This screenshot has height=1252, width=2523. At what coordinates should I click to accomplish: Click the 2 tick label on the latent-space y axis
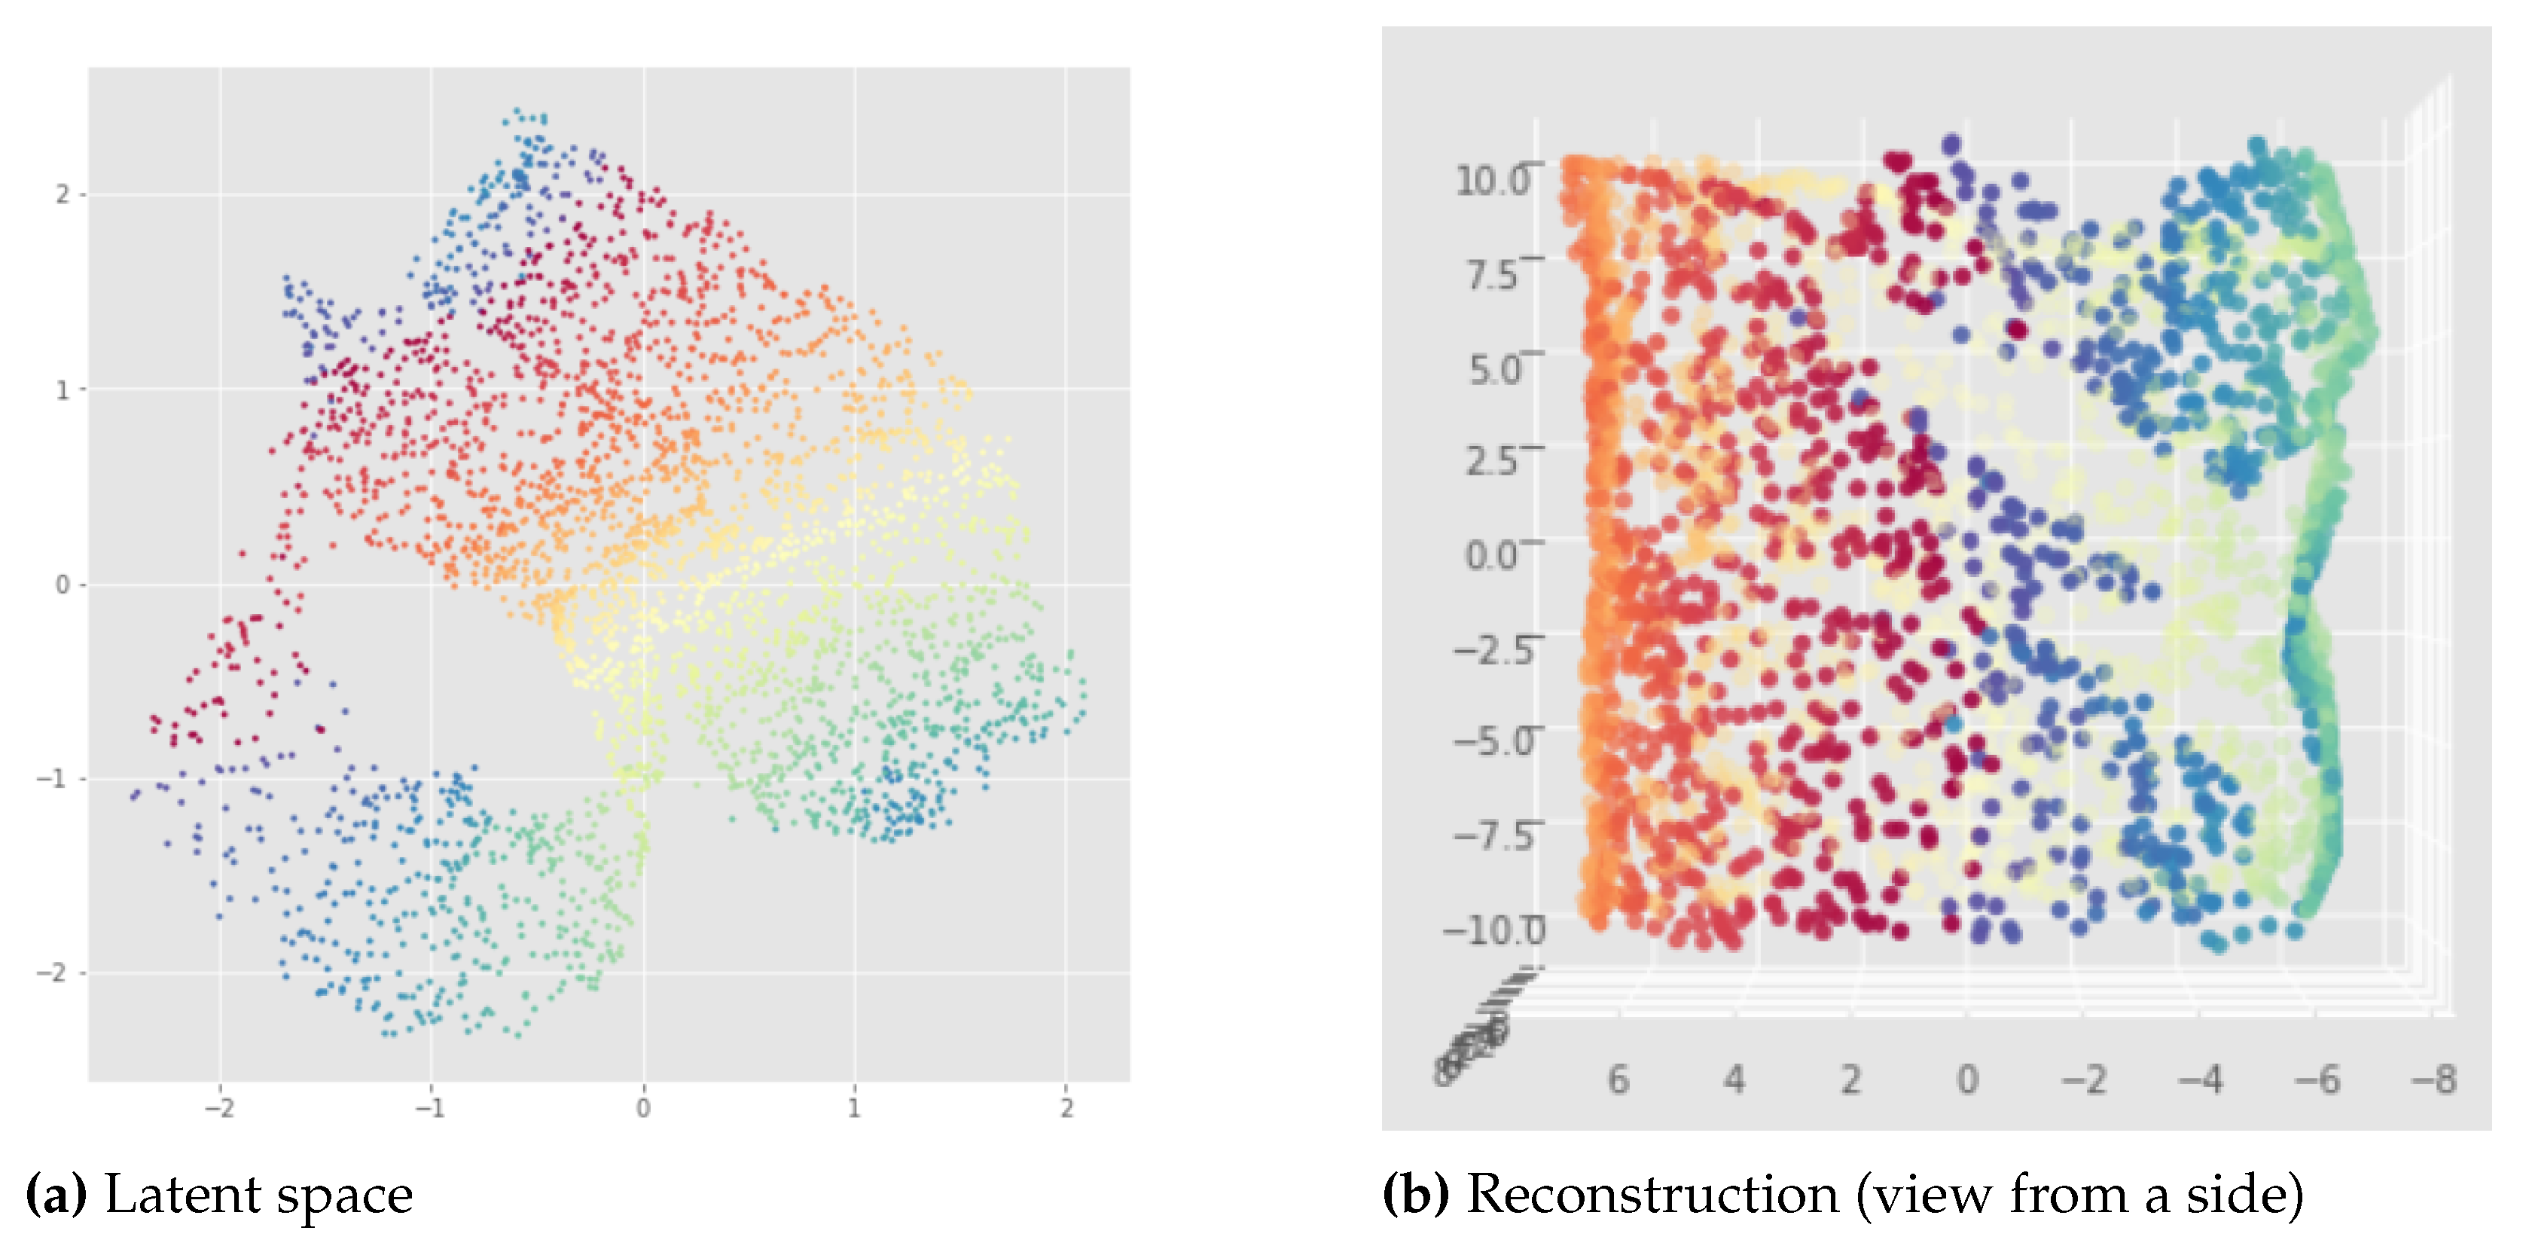pyautogui.click(x=62, y=195)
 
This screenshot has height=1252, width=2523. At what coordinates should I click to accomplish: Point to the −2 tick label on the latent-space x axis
pyautogui.click(x=218, y=1108)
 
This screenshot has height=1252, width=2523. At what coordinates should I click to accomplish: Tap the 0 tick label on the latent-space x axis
pyautogui.click(x=642, y=1108)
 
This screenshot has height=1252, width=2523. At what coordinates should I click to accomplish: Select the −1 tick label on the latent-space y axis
pyautogui.click(x=55, y=779)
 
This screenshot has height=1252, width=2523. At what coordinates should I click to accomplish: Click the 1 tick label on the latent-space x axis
pyautogui.click(x=854, y=1108)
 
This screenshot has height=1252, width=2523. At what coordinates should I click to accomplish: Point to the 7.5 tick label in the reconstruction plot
pyautogui.click(x=1492, y=275)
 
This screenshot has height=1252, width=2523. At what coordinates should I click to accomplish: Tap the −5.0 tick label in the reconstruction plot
pyautogui.click(x=1493, y=741)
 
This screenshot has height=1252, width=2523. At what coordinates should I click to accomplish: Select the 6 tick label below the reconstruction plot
pyautogui.click(x=1618, y=1079)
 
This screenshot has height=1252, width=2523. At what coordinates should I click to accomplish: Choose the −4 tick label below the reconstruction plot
pyautogui.click(x=2201, y=1079)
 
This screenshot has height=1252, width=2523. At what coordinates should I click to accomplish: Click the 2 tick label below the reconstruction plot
pyautogui.click(x=1850, y=1079)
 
